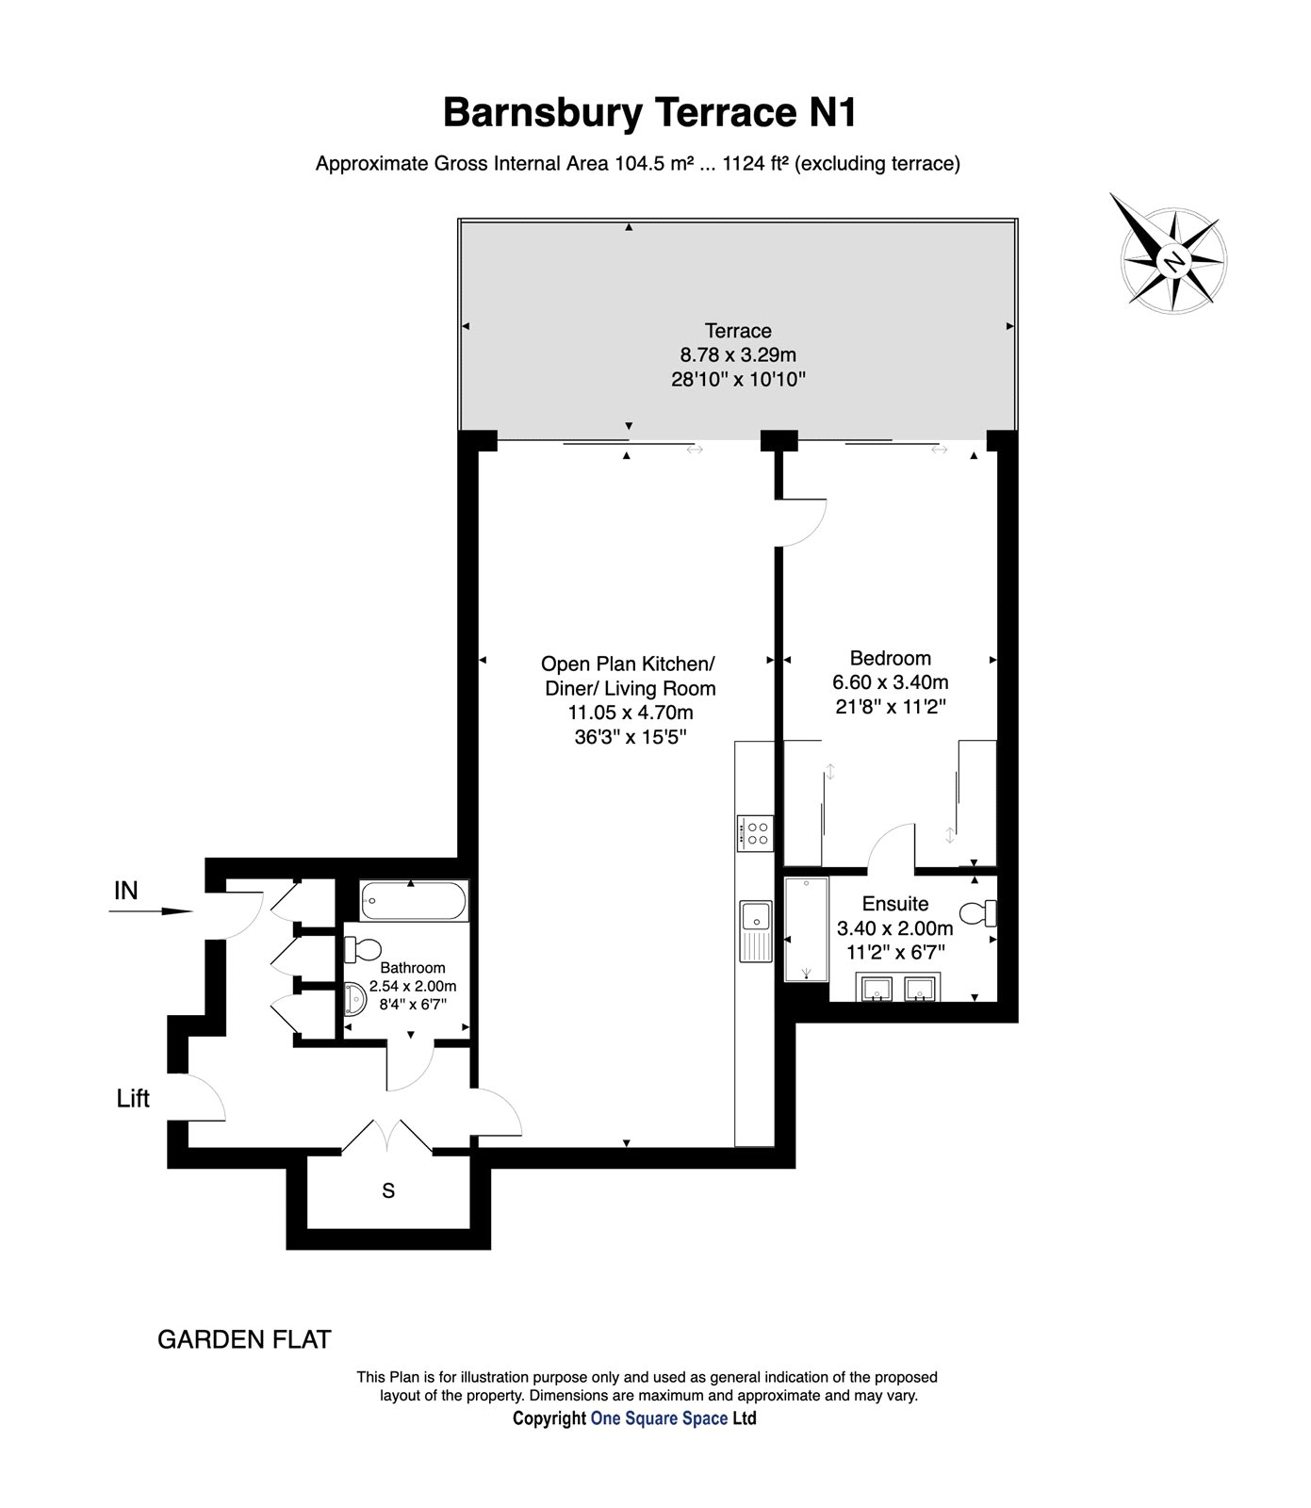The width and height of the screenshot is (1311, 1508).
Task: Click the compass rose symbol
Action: point(1173,260)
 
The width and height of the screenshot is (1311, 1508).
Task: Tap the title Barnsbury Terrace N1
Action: point(650,113)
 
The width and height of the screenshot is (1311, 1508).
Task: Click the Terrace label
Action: point(738,331)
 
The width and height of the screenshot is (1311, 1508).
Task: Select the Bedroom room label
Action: point(890,658)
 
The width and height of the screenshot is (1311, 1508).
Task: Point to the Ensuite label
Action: point(894,904)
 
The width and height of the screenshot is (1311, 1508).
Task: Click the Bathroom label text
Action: point(412,968)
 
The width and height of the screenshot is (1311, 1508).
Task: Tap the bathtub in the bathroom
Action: point(414,902)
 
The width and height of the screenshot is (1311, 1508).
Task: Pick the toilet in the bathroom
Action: point(363,949)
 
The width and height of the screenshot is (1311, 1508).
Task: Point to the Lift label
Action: point(133,1098)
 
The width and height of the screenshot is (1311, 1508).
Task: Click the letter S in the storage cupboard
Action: point(387,1191)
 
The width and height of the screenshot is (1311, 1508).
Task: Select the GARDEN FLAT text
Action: point(243,1339)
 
